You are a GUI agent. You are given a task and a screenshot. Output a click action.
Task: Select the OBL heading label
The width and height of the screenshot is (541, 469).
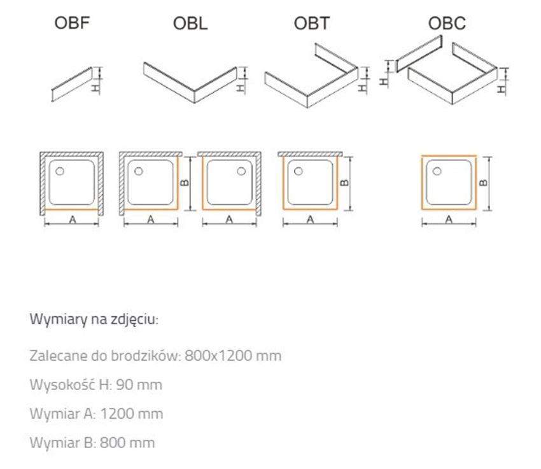(x=190, y=25)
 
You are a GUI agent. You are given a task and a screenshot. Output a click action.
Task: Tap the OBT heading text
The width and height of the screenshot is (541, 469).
(x=311, y=25)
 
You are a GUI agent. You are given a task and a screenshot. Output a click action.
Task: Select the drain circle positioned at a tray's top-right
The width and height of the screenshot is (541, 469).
(x=242, y=171)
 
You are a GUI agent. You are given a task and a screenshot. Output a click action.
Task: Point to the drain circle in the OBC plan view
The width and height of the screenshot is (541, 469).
(x=437, y=171)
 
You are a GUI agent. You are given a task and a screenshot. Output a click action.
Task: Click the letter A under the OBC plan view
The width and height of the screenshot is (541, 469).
(x=449, y=220)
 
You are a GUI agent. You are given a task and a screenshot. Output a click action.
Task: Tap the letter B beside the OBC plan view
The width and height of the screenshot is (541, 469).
(x=484, y=183)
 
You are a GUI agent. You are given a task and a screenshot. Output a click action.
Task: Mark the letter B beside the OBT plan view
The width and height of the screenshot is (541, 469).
(x=344, y=183)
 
